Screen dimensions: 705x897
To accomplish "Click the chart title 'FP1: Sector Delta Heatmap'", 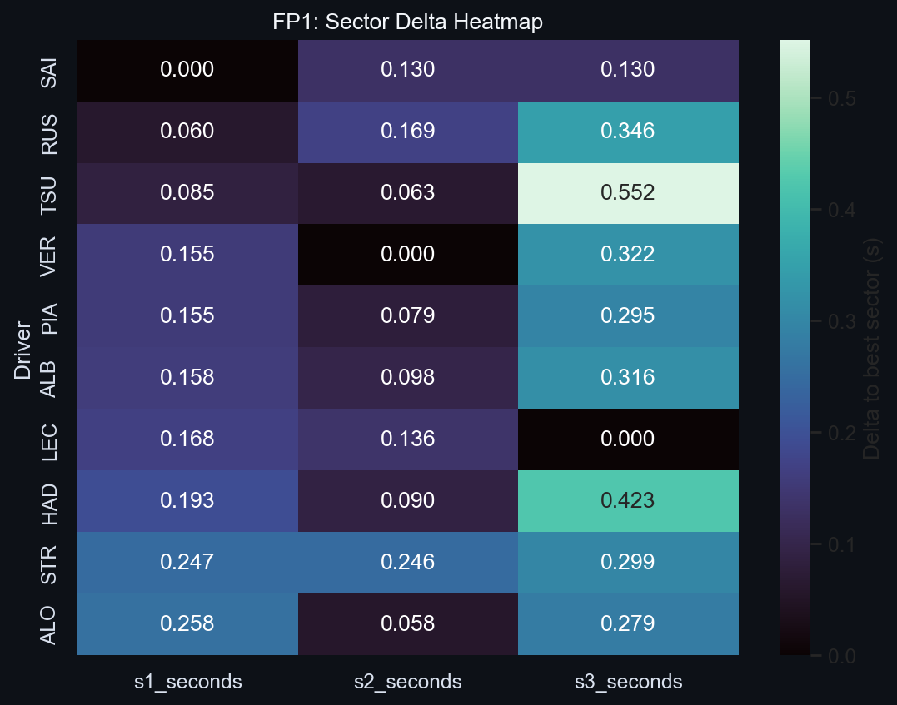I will coord(407,22).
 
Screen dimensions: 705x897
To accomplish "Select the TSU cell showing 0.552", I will coord(627,193).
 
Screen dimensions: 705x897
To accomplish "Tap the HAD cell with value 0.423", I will coord(627,501).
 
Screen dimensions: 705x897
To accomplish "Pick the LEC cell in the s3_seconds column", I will coord(627,439).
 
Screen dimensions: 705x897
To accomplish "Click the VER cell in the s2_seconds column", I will coord(407,255).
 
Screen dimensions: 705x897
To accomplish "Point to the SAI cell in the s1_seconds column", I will coord(187,70).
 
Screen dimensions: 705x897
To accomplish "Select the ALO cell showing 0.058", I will coord(407,624).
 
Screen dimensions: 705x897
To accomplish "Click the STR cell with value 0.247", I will coord(187,563).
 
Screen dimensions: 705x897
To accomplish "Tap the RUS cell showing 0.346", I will coord(627,132).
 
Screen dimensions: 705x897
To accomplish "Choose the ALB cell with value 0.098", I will coord(407,378).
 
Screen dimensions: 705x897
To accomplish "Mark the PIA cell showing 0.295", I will coord(627,316).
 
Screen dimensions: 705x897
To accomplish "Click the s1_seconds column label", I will coord(187,682).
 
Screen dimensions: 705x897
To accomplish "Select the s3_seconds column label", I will coord(627,682).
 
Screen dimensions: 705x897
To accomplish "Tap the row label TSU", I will coord(49,193).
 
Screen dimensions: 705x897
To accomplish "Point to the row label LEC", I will coord(49,439).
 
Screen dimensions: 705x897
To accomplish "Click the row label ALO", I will coord(49,624).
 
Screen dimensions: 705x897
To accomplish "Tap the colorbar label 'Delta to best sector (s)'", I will coord(872,347).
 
